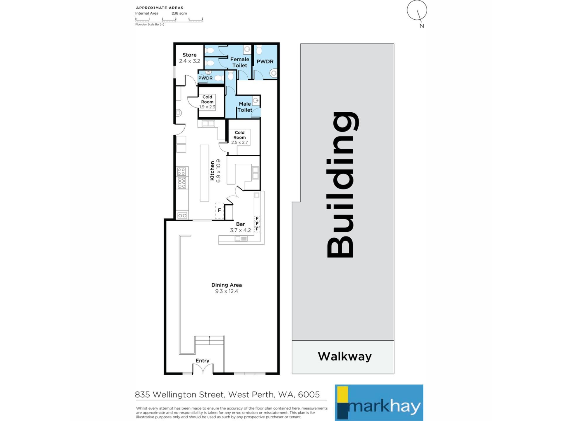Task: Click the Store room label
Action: (x=189, y=55)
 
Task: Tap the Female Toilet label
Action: (x=240, y=62)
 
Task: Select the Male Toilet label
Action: (x=245, y=107)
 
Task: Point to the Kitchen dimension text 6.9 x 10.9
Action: (x=218, y=171)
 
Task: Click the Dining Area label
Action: (x=227, y=285)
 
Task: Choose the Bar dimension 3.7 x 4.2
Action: (x=240, y=230)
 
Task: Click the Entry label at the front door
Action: (x=202, y=361)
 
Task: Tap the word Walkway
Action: (x=345, y=356)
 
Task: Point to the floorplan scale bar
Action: (x=169, y=20)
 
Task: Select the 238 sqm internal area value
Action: (x=179, y=13)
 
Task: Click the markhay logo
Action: (x=379, y=403)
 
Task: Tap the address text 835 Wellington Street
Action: (x=180, y=395)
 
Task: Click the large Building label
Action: (x=342, y=185)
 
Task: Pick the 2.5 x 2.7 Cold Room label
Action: (x=239, y=137)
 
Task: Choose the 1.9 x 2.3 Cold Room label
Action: (x=207, y=102)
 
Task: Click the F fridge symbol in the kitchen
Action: (x=219, y=210)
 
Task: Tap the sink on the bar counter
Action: (x=241, y=239)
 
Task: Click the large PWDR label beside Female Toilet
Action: (x=265, y=62)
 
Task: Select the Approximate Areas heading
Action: (x=160, y=8)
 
